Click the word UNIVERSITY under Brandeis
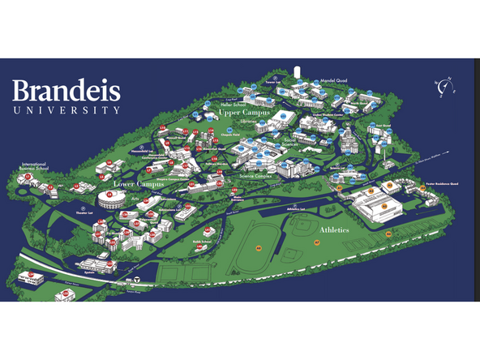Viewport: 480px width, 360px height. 66,109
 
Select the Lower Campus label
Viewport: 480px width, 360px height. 139,184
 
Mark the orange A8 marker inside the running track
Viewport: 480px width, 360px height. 259,247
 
